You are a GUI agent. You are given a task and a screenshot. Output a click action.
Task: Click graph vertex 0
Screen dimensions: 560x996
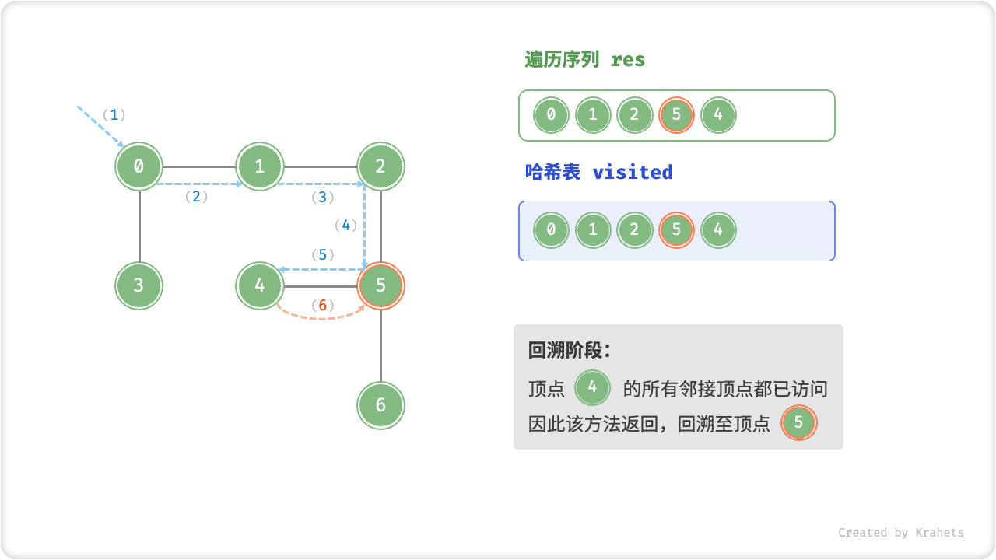(x=139, y=166)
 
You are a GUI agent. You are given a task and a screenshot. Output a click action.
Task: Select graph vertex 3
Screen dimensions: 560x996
(x=139, y=285)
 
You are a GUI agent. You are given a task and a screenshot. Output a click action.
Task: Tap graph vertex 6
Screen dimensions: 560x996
(x=381, y=405)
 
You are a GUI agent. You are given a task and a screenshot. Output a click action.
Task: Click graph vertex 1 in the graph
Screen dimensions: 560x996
(x=260, y=166)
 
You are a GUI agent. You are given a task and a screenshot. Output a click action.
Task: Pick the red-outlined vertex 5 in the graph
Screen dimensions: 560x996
(x=381, y=285)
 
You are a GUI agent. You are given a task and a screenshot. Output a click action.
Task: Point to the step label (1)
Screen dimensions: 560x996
(x=114, y=115)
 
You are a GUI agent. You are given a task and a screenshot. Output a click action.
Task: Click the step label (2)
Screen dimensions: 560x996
(x=196, y=197)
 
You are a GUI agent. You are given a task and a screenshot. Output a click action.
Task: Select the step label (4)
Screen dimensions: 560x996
(x=345, y=226)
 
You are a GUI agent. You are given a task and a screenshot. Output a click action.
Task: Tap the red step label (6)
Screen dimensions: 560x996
(x=322, y=306)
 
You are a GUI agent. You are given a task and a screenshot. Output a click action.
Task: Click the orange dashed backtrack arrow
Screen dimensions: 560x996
(x=321, y=318)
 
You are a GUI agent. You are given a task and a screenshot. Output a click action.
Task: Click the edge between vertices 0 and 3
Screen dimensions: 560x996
(x=139, y=226)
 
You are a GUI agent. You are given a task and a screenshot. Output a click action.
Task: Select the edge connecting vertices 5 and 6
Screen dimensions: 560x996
(x=381, y=345)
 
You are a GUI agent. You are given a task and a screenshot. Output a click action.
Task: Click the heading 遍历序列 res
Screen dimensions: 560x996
(x=584, y=60)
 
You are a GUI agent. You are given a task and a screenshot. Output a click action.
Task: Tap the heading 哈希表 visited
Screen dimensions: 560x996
(x=598, y=172)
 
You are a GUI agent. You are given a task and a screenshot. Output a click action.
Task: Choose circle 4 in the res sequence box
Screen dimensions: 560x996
(x=717, y=116)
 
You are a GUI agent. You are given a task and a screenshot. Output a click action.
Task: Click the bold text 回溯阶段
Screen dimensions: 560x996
(x=569, y=351)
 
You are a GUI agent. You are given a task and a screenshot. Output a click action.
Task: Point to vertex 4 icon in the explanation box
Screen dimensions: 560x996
(x=592, y=387)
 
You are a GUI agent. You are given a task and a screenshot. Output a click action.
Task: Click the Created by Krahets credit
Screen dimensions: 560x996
(x=900, y=533)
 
